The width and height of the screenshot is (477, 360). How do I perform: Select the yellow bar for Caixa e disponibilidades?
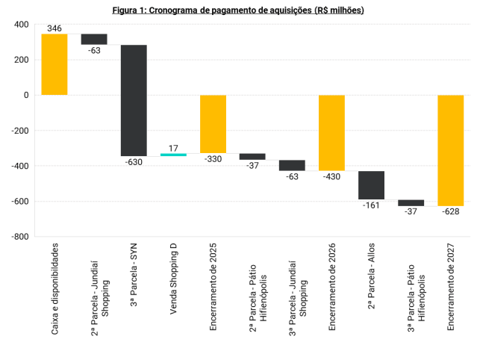point(54,64)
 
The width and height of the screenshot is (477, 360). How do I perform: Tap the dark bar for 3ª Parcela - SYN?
point(134,100)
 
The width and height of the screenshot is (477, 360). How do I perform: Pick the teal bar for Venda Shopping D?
point(173,154)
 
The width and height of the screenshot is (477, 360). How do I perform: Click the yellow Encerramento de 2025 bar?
point(213,124)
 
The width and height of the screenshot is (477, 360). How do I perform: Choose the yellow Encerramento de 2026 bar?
point(331,133)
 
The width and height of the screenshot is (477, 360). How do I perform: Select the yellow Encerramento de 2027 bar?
point(450,150)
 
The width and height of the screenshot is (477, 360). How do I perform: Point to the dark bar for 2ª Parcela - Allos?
point(371,185)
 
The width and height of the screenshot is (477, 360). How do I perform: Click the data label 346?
point(54,28)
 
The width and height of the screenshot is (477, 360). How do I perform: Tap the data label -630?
point(134,161)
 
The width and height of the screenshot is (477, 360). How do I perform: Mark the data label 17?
point(173,147)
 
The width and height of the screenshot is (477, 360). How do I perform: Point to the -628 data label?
point(450,211)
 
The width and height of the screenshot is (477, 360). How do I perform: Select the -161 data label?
point(371,205)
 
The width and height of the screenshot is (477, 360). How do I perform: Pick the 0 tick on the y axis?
point(26,96)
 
